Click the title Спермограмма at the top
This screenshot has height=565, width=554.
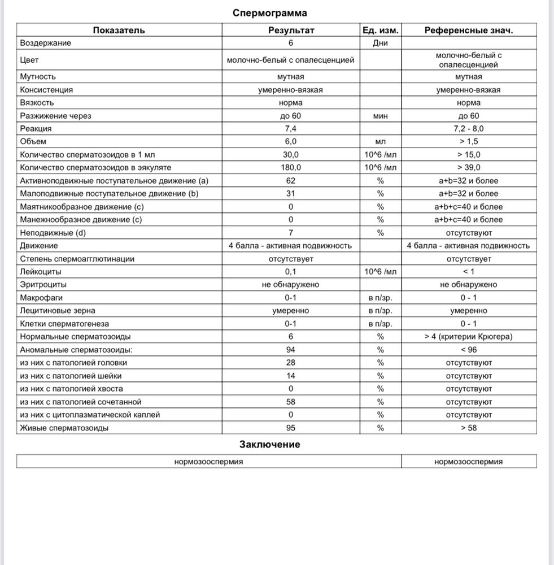(x=270, y=12)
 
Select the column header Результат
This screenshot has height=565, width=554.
(x=291, y=30)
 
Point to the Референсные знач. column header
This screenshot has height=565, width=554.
(x=469, y=30)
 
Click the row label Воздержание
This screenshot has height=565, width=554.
(x=46, y=43)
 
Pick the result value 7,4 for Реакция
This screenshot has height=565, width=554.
(x=291, y=129)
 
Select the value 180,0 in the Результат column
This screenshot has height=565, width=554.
(x=291, y=168)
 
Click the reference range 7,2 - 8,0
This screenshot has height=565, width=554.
(x=469, y=129)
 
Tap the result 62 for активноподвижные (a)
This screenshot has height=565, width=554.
(x=291, y=181)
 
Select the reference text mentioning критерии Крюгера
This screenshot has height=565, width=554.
(x=469, y=337)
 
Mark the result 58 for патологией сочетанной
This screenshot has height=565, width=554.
(x=291, y=402)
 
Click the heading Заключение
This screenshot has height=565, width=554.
(x=269, y=444)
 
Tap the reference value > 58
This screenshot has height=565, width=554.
(x=469, y=428)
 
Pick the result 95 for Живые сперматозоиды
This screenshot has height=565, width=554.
(x=291, y=428)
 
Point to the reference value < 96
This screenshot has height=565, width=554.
(x=469, y=350)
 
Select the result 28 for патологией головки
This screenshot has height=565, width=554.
(x=291, y=363)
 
